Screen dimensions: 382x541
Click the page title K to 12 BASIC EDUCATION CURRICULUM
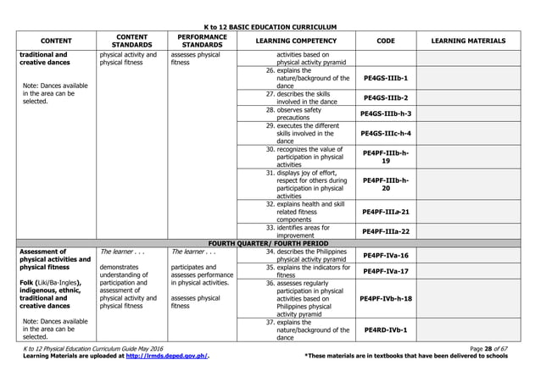(x=270, y=28)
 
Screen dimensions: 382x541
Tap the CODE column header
(x=385, y=41)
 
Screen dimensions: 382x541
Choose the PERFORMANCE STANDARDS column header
(x=202, y=41)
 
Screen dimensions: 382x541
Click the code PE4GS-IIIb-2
(x=386, y=98)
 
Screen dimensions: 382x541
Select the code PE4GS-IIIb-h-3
(x=386, y=113)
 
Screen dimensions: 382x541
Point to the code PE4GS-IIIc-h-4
(x=386, y=133)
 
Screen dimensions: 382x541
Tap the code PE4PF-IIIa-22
(x=386, y=231)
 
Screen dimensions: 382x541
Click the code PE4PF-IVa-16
(x=386, y=255)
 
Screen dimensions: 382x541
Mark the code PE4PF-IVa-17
(x=386, y=271)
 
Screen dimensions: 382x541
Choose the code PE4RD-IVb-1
(x=386, y=329)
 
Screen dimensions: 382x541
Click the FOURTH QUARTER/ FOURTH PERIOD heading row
(x=270, y=242)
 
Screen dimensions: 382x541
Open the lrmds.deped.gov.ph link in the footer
(x=166, y=357)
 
